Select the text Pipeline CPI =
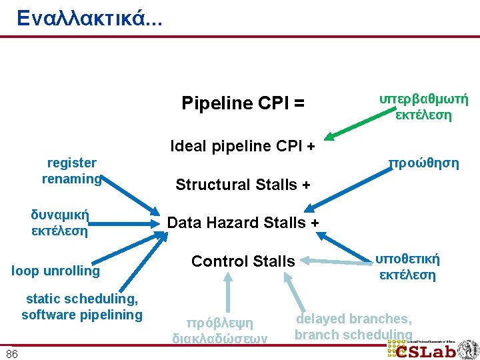tap(243, 103)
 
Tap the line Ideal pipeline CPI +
tap(243, 145)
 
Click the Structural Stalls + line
tap(243, 185)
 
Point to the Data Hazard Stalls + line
tap(243, 222)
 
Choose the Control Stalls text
tap(243, 261)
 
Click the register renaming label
tap(71, 171)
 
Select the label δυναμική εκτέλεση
tap(60, 223)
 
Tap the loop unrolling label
tap(56, 271)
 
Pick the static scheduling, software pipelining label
tap(81, 307)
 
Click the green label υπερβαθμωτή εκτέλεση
tap(423, 107)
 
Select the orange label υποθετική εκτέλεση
tap(407, 267)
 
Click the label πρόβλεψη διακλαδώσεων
tap(221, 331)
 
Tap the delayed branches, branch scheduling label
tap(353, 327)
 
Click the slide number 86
tap(12, 353)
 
